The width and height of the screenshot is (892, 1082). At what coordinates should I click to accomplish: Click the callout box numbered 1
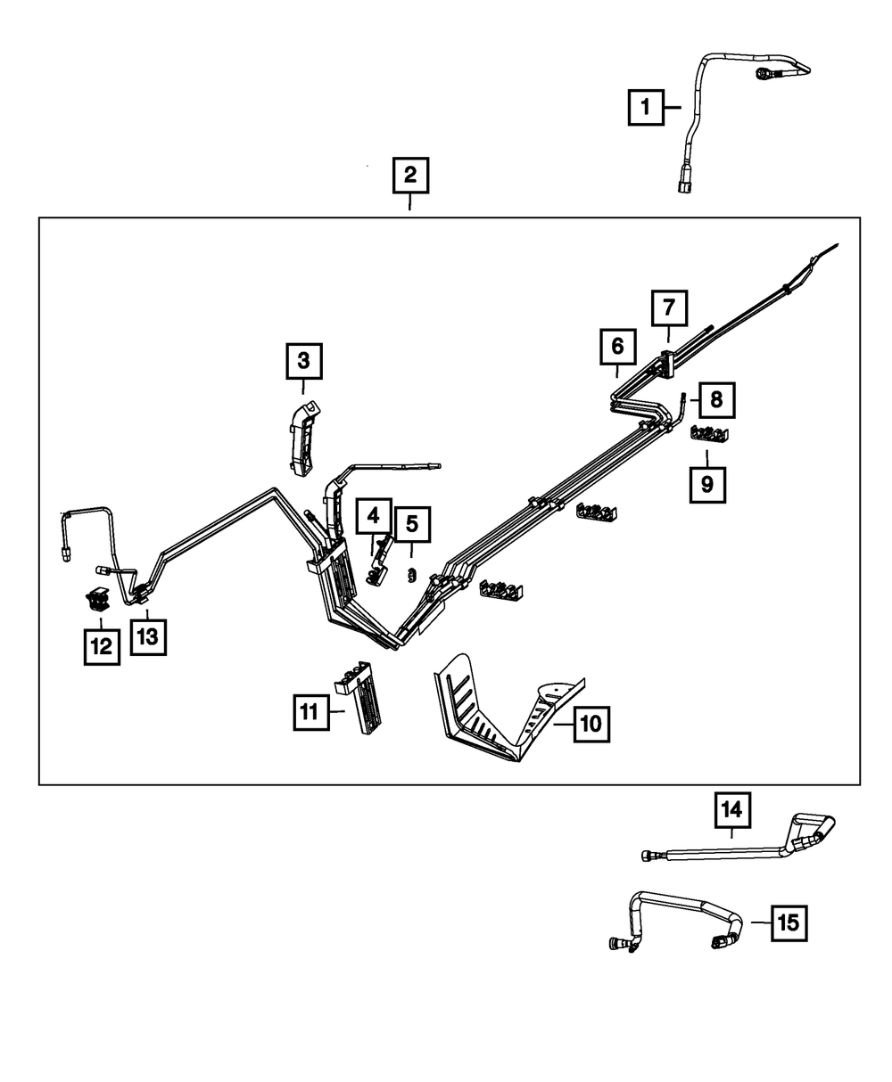coord(646,107)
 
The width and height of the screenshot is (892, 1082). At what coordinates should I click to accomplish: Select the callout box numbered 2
coord(410,176)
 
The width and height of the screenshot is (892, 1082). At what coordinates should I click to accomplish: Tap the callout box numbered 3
coord(304,361)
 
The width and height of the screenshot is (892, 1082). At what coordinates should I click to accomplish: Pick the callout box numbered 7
coord(669,307)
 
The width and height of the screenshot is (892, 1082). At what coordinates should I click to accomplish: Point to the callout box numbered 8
coord(716,399)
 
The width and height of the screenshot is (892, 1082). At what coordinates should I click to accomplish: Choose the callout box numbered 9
coord(707,485)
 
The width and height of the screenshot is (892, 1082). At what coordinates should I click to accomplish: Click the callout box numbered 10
coord(591,724)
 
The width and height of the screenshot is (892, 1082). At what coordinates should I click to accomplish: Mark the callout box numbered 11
coord(311,712)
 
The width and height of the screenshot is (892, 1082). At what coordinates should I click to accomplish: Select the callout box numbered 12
coord(102,646)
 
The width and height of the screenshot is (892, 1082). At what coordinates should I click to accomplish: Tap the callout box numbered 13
coord(148,636)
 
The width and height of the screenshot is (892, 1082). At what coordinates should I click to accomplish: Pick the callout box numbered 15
coord(789,923)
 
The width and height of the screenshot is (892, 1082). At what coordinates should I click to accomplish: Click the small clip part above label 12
coord(97,599)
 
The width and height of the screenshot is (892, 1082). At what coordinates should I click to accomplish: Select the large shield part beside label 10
coord(509,707)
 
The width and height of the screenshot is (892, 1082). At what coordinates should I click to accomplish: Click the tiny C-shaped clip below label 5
coord(412,574)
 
